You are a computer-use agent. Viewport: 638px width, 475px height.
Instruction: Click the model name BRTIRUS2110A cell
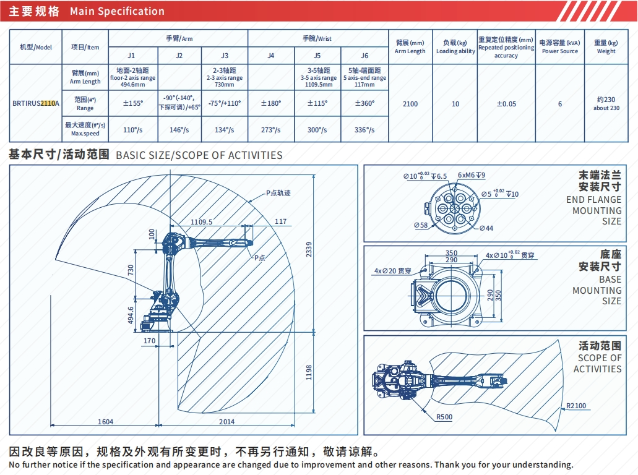click(35, 104)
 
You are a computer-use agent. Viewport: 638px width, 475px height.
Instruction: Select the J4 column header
click(270, 56)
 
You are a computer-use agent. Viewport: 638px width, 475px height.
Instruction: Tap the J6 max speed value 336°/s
click(364, 130)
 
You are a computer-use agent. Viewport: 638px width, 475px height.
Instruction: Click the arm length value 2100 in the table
click(410, 104)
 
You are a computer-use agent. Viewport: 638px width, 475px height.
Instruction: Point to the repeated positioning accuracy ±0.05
click(506, 104)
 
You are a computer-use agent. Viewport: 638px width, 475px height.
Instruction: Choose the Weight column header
click(606, 47)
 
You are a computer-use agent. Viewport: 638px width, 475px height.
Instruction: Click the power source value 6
click(559, 104)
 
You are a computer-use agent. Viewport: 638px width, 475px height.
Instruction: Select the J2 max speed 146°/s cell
click(179, 130)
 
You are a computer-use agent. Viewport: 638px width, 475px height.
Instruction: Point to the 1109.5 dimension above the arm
click(201, 221)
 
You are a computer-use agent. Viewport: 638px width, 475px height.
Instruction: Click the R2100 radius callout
click(575, 406)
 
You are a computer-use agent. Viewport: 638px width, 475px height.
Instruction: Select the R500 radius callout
click(444, 417)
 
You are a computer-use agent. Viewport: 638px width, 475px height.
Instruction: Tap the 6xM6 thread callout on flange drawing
click(472, 176)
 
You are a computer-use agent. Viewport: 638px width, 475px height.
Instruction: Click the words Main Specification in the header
click(117, 11)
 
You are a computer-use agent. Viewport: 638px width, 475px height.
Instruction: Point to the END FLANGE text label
click(593, 200)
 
